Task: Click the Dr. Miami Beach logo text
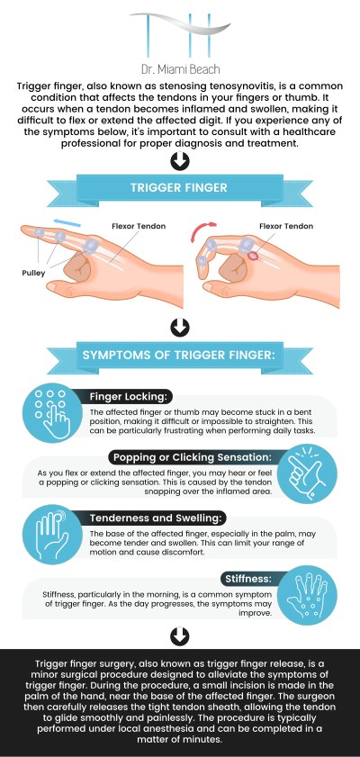pos(181,69)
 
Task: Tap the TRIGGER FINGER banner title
pos(178,187)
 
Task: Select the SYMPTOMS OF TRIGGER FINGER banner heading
pos(179,355)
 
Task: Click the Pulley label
pos(33,274)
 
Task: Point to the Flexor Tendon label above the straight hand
pos(139,226)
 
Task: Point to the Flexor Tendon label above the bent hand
pos(286,226)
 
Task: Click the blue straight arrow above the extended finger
pos(67,223)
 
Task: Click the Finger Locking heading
pos(130,397)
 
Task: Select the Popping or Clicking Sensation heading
pos(193,456)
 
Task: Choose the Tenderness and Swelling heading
pos(157,518)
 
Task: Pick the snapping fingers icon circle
pos(308,473)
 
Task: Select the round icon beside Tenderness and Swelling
pos(52,535)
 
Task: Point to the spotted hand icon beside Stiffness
pos(308,595)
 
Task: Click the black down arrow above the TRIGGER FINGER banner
pos(179,161)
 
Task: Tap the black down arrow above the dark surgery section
pos(179,636)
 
